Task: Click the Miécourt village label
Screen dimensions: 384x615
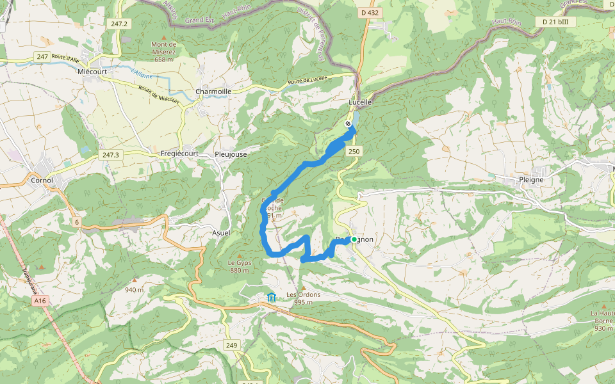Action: tap(92, 72)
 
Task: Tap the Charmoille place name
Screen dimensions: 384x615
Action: tap(213, 92)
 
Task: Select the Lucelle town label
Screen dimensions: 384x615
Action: tap(360, 102)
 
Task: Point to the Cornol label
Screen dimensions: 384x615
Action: tap(42, 180)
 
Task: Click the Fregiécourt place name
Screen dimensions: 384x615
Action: tap(179, 154)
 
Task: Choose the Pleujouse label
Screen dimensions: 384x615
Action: tap(230, 154)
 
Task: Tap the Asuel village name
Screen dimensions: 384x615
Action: tap(221, 233)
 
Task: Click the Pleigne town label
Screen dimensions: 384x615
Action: tap(530, 179)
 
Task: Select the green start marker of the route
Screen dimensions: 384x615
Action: tap(354, 239)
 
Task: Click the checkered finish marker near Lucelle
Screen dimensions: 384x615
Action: tap(348, 124)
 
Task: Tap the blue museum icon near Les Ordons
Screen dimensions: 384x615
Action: tap(272, 297)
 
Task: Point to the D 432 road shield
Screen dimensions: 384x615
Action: tap(370, 13)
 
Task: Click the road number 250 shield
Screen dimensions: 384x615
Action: tap(354, 151)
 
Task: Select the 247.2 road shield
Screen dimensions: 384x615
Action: tap(119, 24)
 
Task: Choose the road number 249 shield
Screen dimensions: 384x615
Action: tap(232, 345)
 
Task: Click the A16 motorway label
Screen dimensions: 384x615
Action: tap(41, 300)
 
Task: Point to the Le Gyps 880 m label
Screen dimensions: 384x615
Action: tap(238, 266)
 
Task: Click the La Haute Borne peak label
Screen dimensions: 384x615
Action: tap(602, 320)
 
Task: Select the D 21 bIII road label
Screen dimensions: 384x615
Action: tap(559, 22)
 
